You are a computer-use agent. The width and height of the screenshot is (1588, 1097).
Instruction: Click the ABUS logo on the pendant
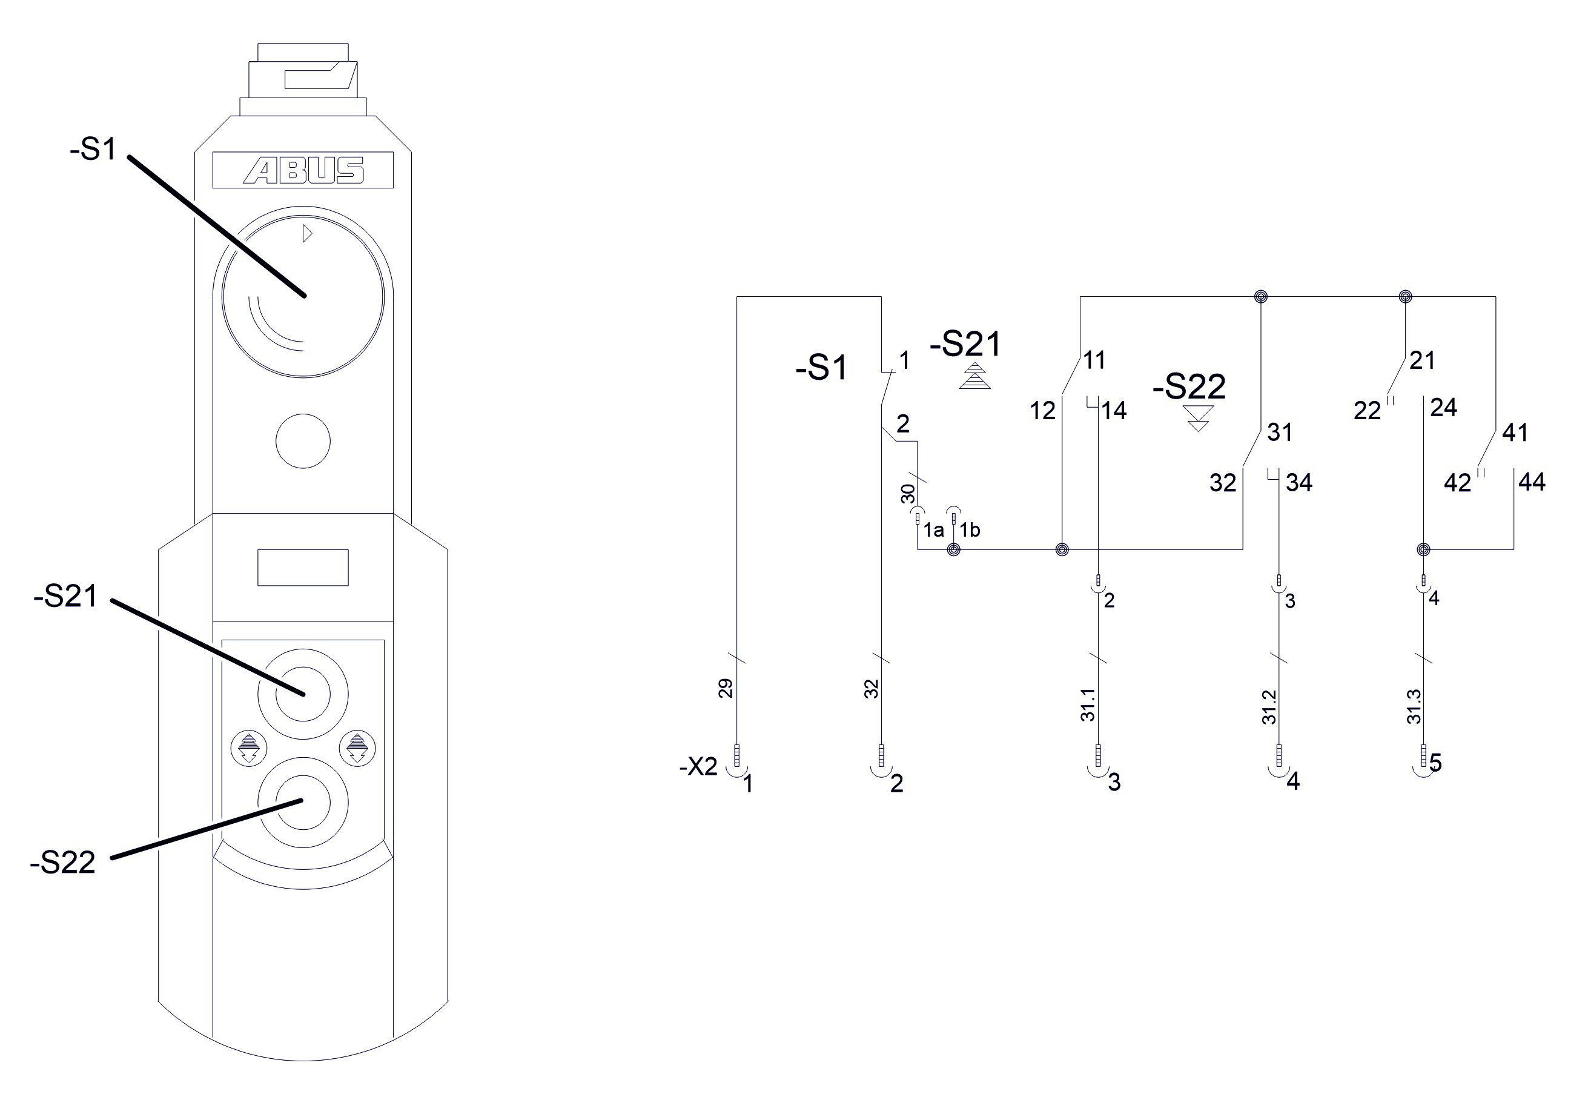coord(303,170)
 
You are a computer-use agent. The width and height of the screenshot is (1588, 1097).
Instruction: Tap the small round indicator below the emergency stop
coord(303,440)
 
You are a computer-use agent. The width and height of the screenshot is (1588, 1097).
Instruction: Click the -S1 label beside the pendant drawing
coord(93,150)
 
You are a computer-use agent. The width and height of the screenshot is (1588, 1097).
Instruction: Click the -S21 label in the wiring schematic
coord(965,344)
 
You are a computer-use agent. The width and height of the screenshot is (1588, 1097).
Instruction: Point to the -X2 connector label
coord(698,766)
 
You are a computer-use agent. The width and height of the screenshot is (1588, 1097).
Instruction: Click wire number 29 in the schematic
coord(726,688)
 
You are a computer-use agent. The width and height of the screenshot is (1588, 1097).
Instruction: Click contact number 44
coord(1532,482)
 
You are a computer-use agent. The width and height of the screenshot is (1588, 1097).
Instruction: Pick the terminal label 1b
coord(970,530)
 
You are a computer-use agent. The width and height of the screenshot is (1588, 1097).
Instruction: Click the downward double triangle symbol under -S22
coord(1199,418)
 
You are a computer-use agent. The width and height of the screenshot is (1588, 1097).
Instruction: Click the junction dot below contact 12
coord(1062,550)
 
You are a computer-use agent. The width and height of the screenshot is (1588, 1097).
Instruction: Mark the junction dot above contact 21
coord(1405,297)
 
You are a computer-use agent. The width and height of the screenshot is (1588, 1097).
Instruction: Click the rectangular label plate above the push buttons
coord(303,567)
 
